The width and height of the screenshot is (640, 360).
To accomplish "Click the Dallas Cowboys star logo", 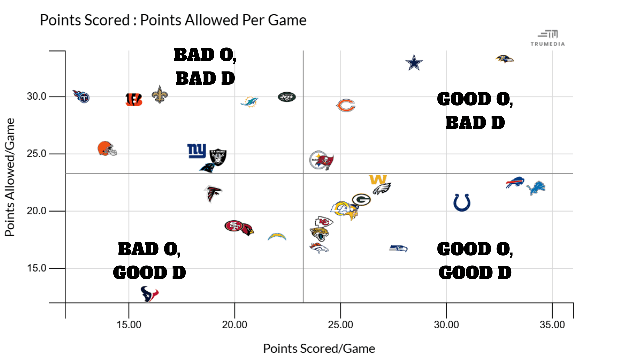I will (x=414, y=63).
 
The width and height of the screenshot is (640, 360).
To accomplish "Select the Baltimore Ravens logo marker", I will (x=505, y=59).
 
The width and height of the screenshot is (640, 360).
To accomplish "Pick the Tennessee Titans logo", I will (x=82, y=97).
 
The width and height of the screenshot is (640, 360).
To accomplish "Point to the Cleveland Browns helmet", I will (x=107, y=149).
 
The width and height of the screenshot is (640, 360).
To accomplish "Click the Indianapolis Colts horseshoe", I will (x=462, y=202).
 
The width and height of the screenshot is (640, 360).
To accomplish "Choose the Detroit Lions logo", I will (x=536, y=188).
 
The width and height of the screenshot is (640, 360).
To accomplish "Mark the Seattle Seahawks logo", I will (x=398, y=248).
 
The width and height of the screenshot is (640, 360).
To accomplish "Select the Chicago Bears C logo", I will (x=346, y=105).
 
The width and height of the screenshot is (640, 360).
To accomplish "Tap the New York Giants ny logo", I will (x=197, y=151).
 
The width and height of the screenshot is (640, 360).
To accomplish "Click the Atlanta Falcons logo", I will (x=213, y=194).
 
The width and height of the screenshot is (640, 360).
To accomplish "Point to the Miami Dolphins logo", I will (x=249, y=102).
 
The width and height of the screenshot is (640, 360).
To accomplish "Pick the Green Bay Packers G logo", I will (x=361, y=200).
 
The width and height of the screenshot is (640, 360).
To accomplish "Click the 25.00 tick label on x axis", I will (x=340, y=325).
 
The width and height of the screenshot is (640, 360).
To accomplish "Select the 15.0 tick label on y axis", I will (x=36, y=268).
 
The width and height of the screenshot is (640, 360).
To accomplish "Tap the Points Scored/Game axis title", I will (x=319, y=349).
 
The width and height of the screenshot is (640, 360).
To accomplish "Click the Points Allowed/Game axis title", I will (x=10, y=177).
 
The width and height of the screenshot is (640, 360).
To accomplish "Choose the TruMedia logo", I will (x=548, y=38).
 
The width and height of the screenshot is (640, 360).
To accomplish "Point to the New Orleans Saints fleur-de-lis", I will (x=160, y=94).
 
